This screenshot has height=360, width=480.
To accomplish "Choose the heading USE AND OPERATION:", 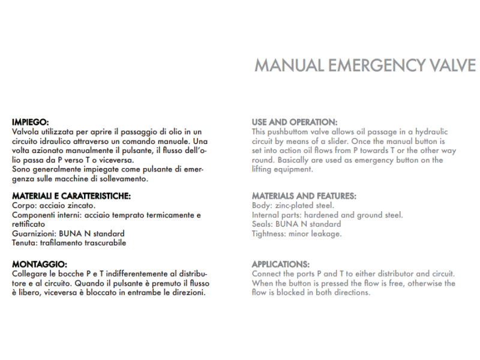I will (294, 122).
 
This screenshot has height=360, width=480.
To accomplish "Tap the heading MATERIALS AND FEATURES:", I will (304, 196).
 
